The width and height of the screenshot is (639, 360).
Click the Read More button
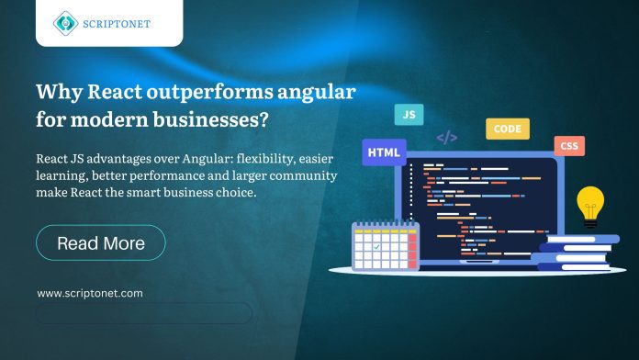coord(100,243)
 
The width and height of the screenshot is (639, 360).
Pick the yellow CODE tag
coord(507,129)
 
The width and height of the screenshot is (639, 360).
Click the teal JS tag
coord(409,115)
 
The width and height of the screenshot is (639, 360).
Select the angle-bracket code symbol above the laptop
coord(447,138)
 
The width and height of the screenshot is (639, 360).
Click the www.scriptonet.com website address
coord(90,293)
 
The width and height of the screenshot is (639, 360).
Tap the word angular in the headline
coord(317,93)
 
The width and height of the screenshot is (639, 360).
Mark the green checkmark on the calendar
coord(376,246)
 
